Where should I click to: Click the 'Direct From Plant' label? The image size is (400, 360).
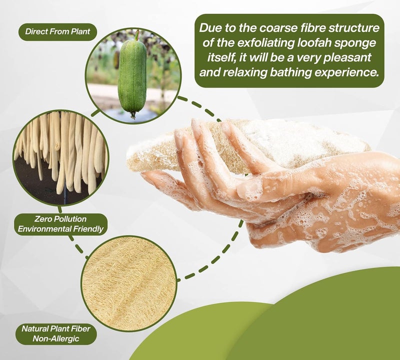click(57, 32)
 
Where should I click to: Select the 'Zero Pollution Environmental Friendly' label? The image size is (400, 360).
click(60, 224)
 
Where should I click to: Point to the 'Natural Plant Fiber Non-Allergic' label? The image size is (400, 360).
click(56, 333)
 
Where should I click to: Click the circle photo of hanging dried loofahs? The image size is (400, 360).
click(60, 157)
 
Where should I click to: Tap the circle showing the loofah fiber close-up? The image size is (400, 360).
click(129, 283)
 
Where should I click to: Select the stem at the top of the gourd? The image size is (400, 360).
click(137, 34)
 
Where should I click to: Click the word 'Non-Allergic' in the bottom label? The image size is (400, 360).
click(56, 339)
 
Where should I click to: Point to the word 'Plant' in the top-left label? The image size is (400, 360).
click(81, 32)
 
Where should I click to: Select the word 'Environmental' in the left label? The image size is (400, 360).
click(44, 229)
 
